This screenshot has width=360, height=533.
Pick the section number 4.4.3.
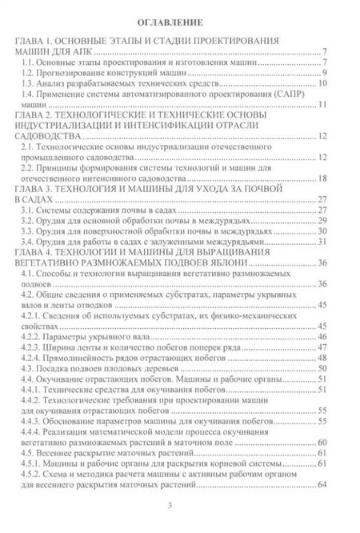[30, 421]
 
